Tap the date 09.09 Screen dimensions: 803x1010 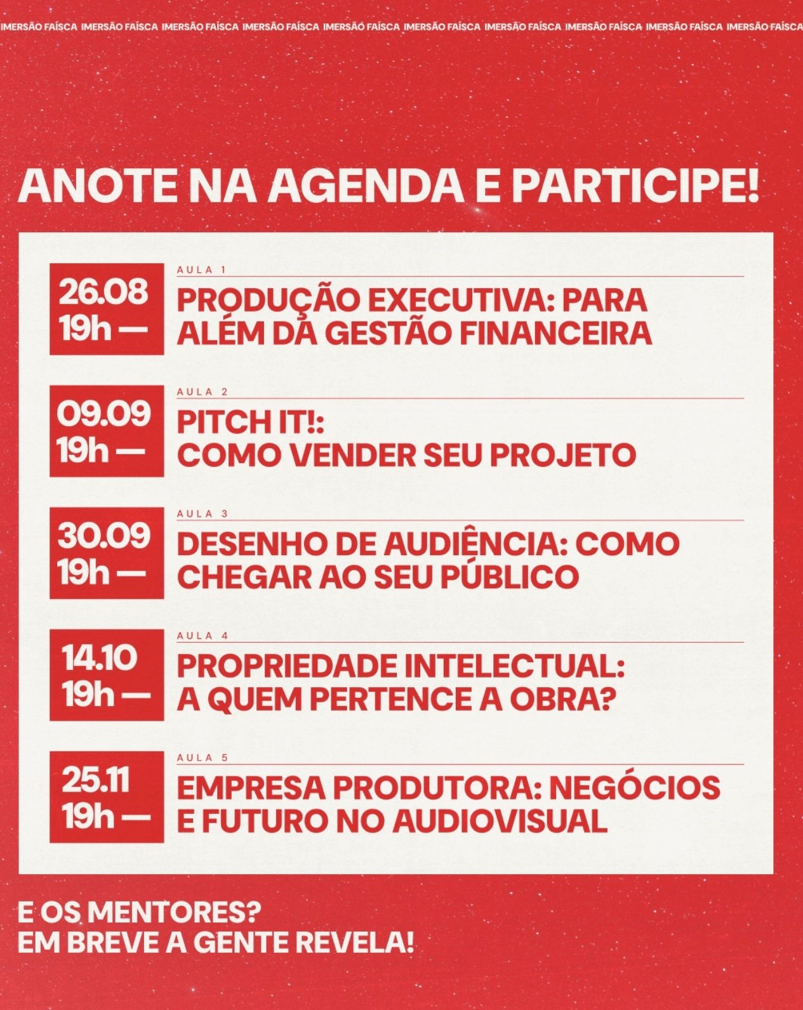[103, 414]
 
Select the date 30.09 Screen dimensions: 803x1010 [103, 535]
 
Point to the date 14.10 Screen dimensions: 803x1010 [99, 657]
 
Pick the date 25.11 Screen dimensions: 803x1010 [95, 780]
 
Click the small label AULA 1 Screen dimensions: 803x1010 [201, 270]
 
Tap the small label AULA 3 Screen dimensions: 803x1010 [202, 513]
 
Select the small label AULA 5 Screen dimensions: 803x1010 [202, 758]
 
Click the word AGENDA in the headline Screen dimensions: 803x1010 [366, 186]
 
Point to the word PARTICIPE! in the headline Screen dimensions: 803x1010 [635, 186]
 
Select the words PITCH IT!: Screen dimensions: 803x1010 [251, 423]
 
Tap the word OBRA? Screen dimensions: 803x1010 [562, 699]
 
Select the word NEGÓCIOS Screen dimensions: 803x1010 [635, 787]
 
